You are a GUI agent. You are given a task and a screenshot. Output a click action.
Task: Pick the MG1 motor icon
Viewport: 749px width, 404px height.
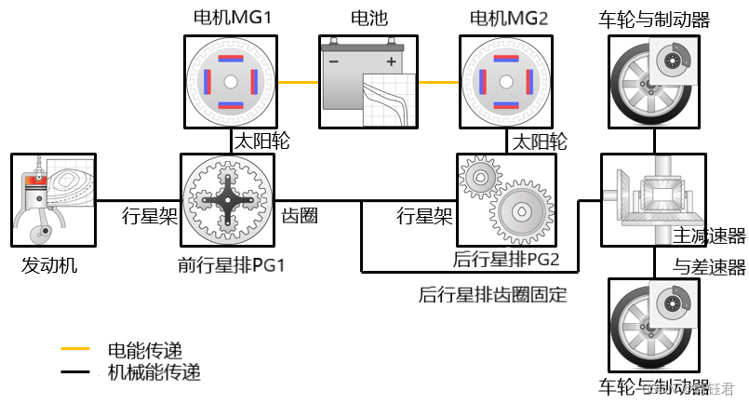click(229, 82)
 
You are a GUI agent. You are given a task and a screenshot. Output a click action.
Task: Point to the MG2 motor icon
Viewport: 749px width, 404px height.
click(507, 82)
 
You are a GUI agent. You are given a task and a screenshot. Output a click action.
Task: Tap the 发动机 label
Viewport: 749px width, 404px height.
click(49, 266)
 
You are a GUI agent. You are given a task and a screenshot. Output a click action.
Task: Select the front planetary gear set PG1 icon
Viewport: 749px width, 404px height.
click(228, 200)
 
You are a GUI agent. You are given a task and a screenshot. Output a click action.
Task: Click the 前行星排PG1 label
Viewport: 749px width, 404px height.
click(231, 265)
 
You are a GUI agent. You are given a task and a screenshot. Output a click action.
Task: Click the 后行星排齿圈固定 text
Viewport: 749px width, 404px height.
click(493, 296)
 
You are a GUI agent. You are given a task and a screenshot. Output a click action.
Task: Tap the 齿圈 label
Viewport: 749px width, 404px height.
click(300, 216)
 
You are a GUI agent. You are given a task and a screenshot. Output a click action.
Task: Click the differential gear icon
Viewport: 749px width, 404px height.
click(648, 200)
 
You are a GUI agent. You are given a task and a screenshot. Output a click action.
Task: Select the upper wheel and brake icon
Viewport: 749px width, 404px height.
click(654, 81)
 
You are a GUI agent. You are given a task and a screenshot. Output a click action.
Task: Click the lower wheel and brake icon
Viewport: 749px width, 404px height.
click(654, 326)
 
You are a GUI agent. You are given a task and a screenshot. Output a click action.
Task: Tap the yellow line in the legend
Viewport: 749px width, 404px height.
click(74, 349)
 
